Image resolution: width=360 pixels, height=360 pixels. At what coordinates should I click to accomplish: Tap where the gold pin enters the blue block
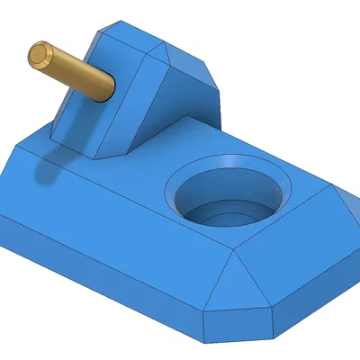tap(109, 89)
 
